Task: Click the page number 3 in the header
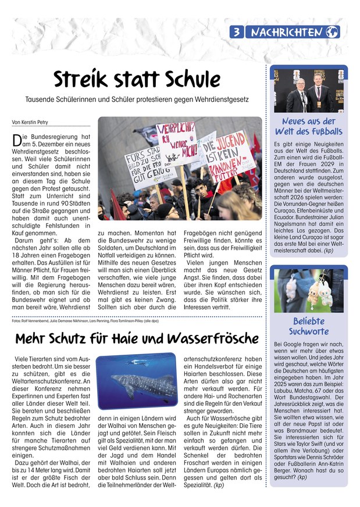click(x=237, y=32)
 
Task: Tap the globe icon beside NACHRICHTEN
click(x=333, y=32)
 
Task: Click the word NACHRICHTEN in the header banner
click(x=287, y=33)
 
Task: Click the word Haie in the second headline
click(x=131, y=338)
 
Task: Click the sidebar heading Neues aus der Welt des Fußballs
click(x=308, y=127)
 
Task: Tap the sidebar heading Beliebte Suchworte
click(x=308, y=326)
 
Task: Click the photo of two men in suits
click(x=309, y=90)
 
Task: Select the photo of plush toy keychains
click(x=309, y=291)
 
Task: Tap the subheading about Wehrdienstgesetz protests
click(x=137, y=100)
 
